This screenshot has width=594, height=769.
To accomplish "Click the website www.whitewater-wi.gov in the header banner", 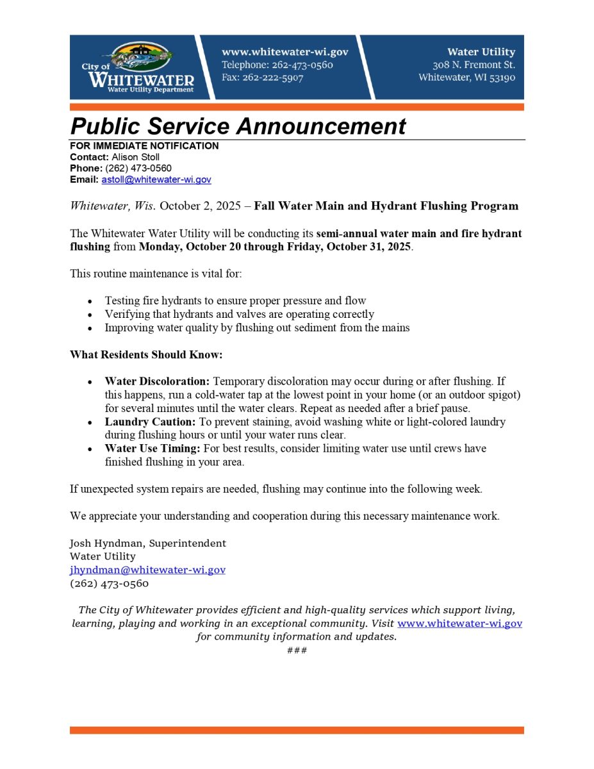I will coord(285,53).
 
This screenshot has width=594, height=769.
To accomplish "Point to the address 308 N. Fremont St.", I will coord(474,65).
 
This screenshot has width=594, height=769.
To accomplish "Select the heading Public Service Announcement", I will coord(238,126).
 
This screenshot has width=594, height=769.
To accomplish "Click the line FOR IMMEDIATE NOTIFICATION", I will coord(144,146).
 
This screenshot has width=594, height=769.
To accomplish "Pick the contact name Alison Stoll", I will coord(135,157).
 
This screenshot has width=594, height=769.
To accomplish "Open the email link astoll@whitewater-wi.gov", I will coord(156,180).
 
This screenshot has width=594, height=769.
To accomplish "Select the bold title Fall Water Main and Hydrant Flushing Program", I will coord(386,206).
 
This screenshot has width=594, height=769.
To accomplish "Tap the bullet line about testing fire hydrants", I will coord(235,301).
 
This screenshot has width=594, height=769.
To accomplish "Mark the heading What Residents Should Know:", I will coord(146,355).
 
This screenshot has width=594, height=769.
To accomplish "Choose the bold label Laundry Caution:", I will coord(150,422).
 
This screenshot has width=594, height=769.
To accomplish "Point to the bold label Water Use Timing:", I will coord(153,449).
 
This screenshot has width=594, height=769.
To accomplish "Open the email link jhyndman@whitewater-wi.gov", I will coord(147,570).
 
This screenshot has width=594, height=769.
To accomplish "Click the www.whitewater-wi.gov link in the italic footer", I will coord(459,624).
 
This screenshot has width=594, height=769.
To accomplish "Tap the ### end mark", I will coord(297,650).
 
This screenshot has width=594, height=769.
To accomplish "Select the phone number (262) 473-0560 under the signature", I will coord(109,584).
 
